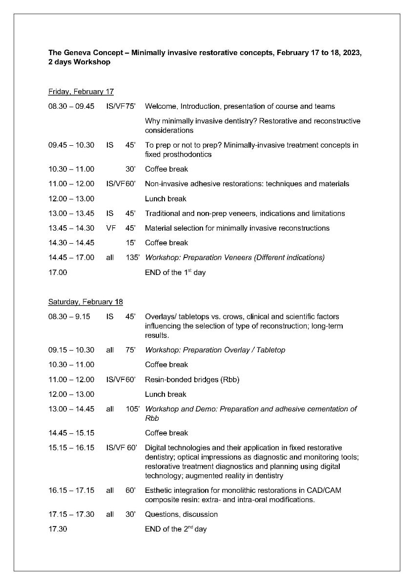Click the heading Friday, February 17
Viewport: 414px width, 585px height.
tap(81, 92)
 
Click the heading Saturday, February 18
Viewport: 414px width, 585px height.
tap(88, 302)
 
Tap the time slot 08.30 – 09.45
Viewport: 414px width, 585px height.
tap(71, 106)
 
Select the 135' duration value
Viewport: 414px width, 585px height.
tap(132, 257)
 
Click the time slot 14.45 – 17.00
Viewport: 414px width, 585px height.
tap(71, 257)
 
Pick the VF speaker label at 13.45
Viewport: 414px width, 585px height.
tap(110, 228)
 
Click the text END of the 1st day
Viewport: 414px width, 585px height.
tap(175, 273)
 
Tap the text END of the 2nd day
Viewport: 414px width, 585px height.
tap(176, 529)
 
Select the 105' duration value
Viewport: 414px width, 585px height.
tap(132, 409)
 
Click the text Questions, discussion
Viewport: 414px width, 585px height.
tap(181, 514)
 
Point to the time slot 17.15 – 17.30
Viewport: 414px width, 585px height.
tap(71, 514)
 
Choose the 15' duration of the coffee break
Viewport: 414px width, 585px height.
tap(130, 243)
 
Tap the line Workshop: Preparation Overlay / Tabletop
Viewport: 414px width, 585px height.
tap(215, 350)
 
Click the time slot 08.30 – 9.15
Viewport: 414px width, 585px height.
tap(69, 317)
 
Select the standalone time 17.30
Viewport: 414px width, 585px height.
tap(57, 529)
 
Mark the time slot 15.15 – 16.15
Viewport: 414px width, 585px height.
tap(71, 448)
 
